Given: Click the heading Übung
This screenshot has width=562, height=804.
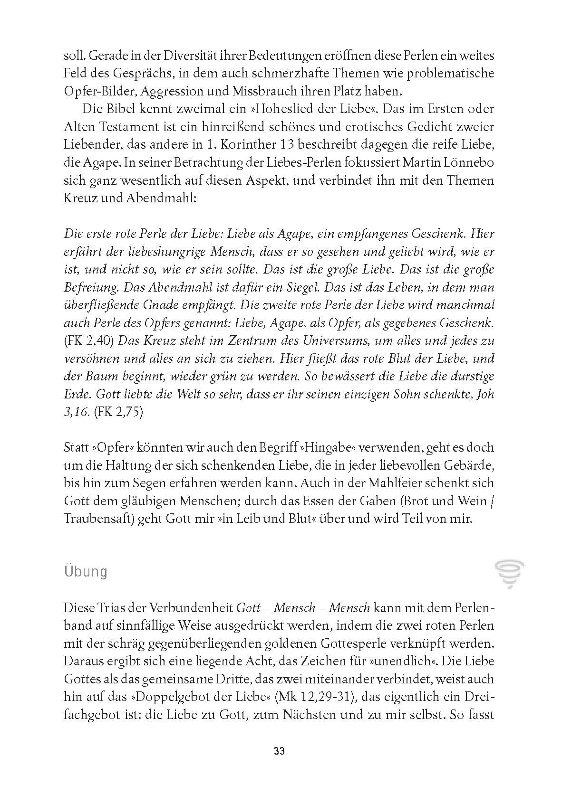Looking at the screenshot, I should click(86, 571).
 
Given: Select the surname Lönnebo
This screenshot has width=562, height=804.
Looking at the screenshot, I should click(468, 162).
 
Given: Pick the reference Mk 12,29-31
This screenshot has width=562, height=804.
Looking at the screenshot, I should click(317, 697).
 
